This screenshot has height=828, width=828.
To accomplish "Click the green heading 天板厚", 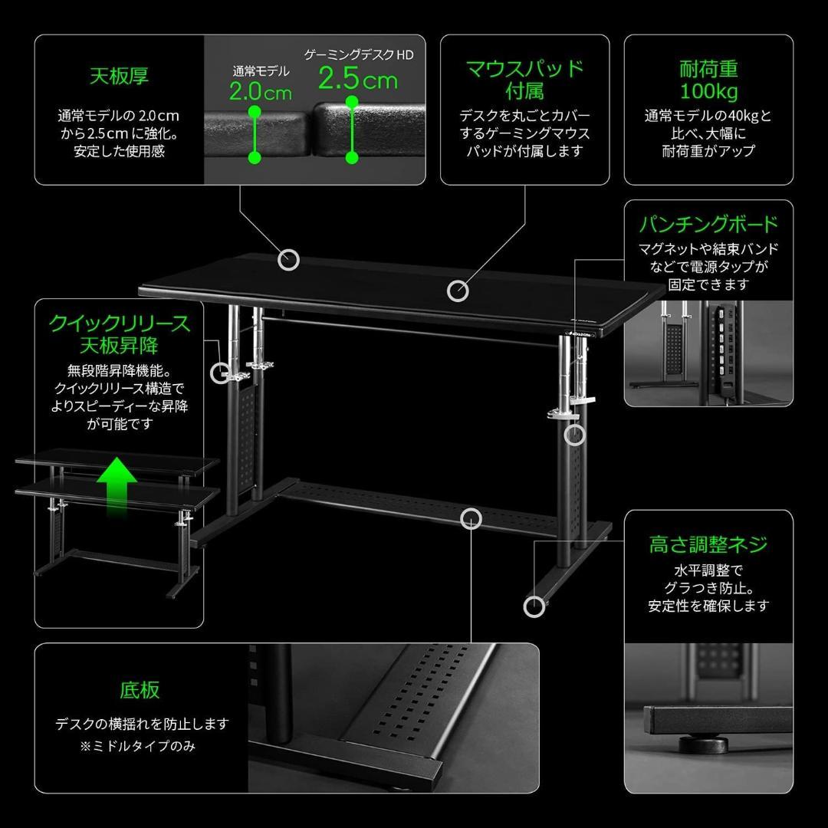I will click(x=119, y=76).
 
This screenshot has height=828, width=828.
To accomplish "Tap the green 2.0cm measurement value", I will click(x=261, y=92).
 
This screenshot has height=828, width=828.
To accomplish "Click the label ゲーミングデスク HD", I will click(x=359, y=54).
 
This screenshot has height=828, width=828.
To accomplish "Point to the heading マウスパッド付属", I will click(x=525, y=79).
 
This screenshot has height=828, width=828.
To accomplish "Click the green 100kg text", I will click(x=708, y=93).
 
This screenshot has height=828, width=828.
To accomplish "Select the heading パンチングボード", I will click(x=708, y=224).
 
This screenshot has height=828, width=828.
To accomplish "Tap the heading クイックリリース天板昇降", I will click(x=119, y=333).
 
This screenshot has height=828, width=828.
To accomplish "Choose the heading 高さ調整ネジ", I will click(x=708, y=544).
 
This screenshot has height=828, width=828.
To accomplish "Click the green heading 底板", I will click(x=140, y=689).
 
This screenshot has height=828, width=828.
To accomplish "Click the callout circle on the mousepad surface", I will click(x=458, y=291).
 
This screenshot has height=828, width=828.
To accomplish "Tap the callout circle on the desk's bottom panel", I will click(x=471, y=519).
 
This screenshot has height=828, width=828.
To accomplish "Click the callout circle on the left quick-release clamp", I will click(x=221, y=373).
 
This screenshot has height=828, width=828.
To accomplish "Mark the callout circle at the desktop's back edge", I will click(x=288, y=260).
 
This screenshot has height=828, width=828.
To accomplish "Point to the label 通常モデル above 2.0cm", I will click(x=261, y=71).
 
